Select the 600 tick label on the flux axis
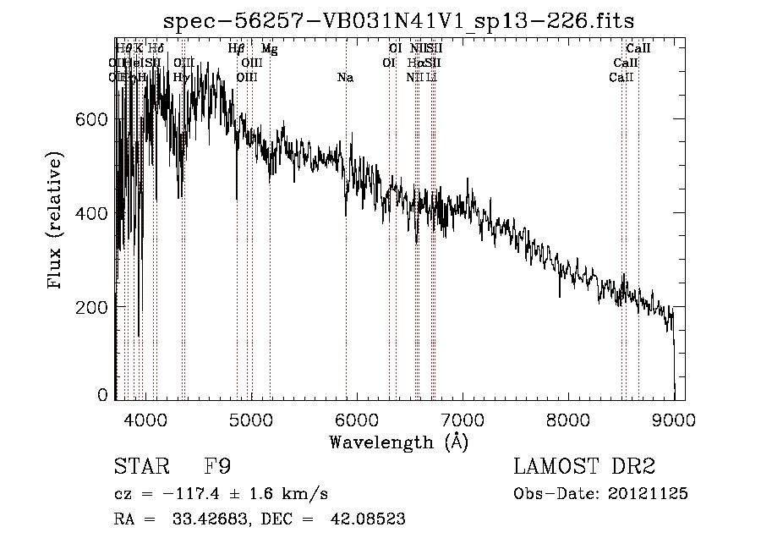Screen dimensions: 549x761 click(94, 120)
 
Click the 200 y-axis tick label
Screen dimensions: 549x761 click(94, 306)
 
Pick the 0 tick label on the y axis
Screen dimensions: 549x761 click(103, 395)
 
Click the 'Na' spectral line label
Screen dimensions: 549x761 click(345, 78)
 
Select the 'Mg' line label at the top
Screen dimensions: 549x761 click(269, 49)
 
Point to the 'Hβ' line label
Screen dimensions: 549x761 click(237, 49)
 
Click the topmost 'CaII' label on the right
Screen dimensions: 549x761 click(638, 49)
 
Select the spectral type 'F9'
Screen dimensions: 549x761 click(217, 467)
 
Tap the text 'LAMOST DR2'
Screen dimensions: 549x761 click(584, 467)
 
